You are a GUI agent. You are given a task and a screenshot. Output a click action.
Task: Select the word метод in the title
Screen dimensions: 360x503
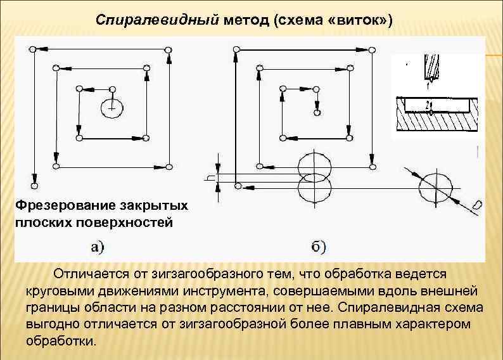pos(247,20)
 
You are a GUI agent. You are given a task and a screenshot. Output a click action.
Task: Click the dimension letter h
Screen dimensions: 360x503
pos(209,178)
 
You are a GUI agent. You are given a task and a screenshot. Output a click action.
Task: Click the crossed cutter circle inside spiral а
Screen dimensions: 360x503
pos(113,108)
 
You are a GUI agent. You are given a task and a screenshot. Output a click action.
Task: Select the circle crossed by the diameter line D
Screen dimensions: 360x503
pos(436,186)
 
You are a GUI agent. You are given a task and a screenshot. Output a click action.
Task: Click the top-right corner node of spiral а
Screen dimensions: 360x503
pos(168,49)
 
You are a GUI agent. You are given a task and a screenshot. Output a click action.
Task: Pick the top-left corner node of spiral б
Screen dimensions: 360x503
pos(236,49)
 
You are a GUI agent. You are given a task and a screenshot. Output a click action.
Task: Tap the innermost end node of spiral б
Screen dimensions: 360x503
pos(317,112)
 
